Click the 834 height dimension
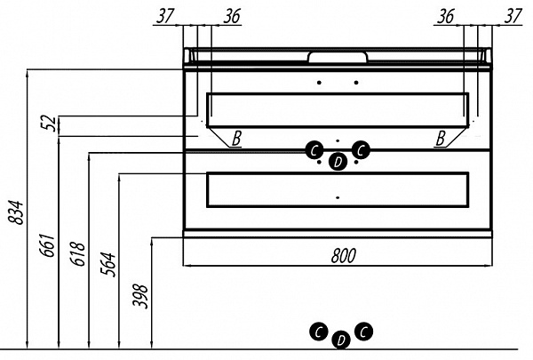16,213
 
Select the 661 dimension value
46,245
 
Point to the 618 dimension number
77,254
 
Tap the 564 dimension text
107,264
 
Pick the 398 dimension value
140,296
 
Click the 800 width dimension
343,256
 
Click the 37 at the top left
165,16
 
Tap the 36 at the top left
232,16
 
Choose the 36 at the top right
446,16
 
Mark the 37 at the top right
513,16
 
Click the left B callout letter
236,139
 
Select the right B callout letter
441,139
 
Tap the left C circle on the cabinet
314,150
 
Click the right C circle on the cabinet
361,150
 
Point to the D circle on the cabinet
338,162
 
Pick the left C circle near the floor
319,332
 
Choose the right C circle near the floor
363,331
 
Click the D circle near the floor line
341,340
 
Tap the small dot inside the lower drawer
338,197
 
